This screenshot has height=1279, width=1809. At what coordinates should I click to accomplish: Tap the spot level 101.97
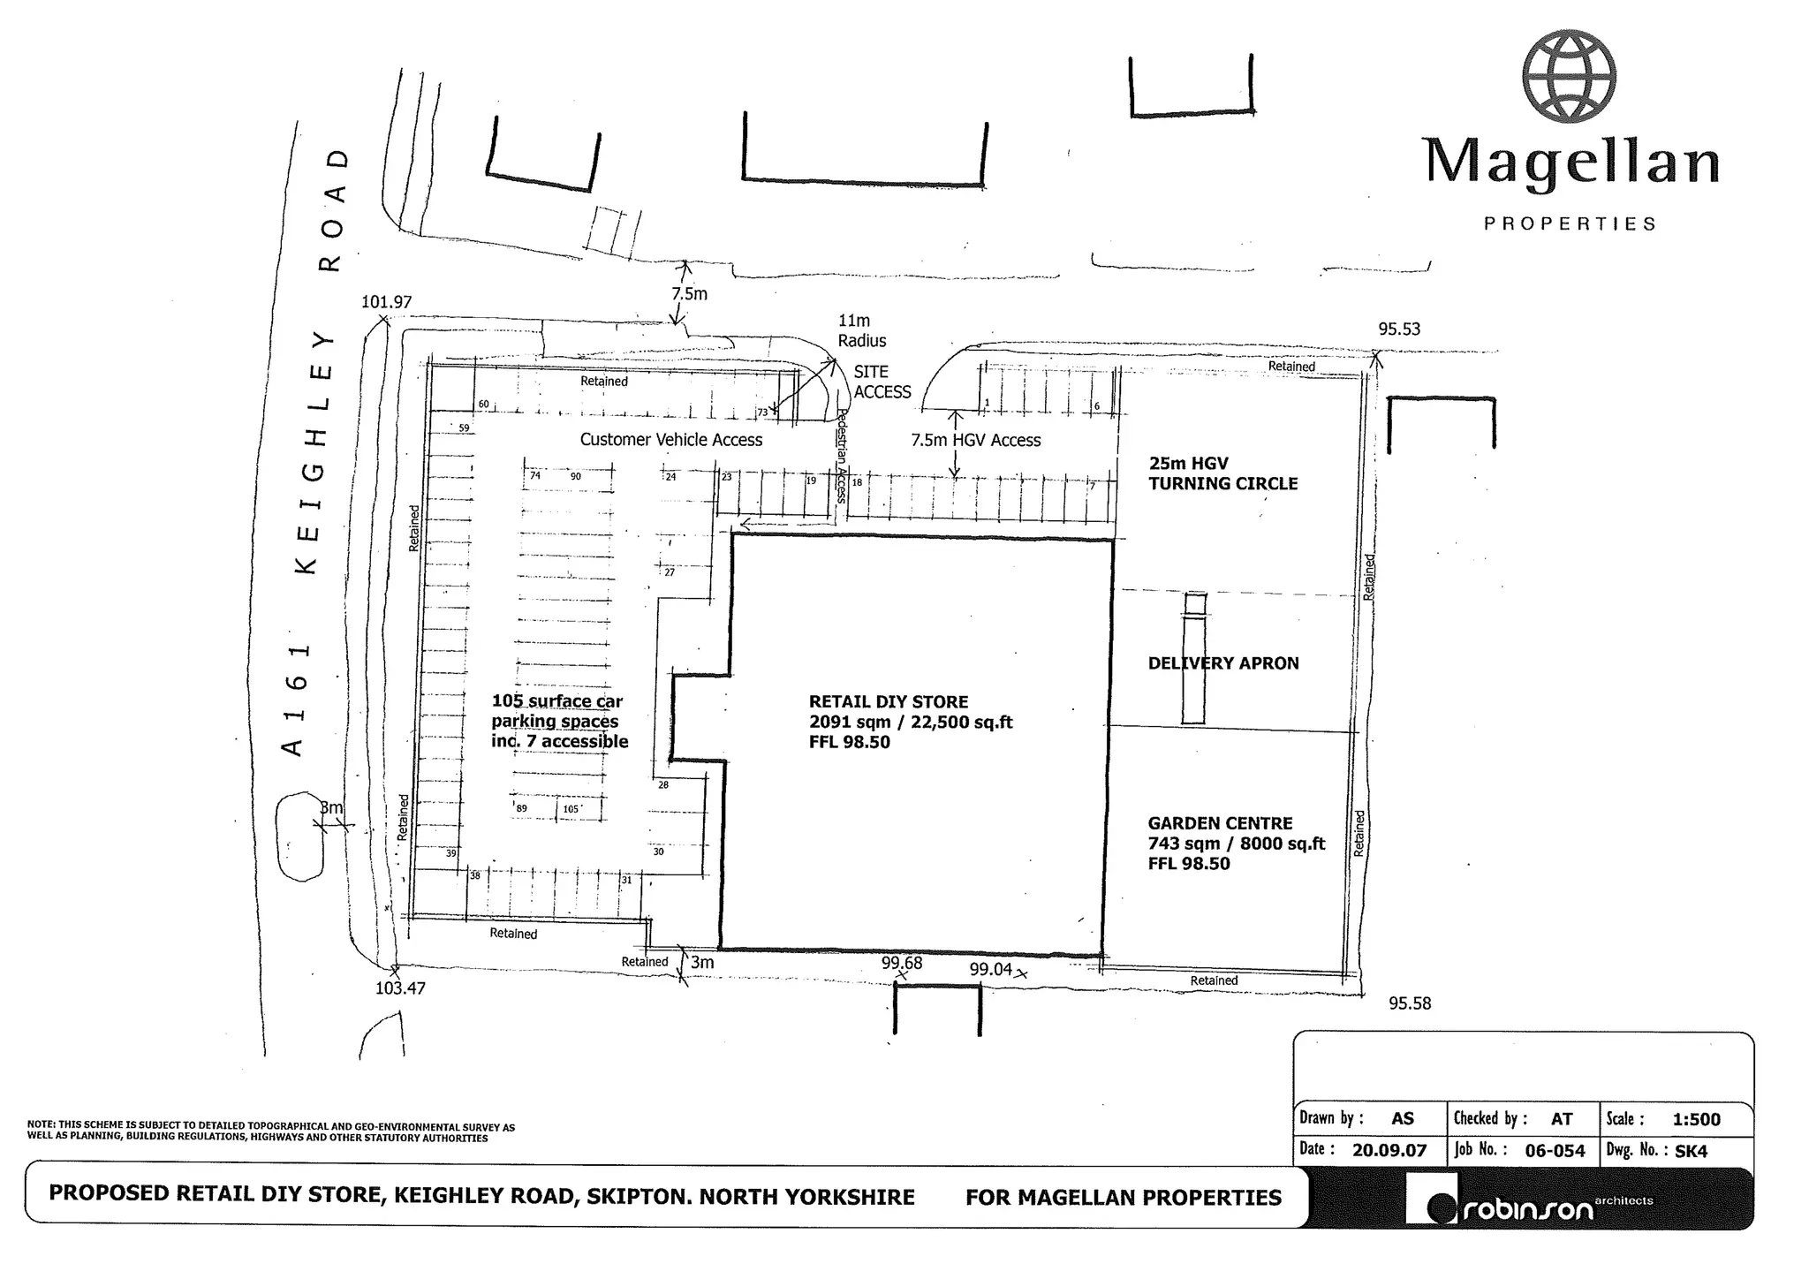[387, 302]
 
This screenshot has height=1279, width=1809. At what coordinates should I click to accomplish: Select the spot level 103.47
[400, 988]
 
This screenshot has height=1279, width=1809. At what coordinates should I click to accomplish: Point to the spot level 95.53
[1399, 329]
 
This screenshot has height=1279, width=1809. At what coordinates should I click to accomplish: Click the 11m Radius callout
[862, 330]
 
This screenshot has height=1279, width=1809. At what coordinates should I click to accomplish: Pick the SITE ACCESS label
[882, 382]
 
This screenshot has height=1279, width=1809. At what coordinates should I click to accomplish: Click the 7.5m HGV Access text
[976, 440]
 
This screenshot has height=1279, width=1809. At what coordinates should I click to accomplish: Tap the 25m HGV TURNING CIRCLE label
[1223, 473]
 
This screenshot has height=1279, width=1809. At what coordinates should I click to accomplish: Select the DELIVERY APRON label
[1223, 663]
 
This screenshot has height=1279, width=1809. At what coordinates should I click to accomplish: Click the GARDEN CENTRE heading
[1220, 823]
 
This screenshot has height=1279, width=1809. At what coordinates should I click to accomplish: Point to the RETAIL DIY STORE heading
[889, 702]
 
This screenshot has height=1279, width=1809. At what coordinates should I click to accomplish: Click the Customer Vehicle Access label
[671, 440]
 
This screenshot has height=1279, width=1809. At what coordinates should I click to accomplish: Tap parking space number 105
[571, 809]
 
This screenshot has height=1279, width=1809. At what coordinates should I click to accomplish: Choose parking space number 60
[484, 405]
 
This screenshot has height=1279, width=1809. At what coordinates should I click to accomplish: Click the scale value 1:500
[1697, 1120]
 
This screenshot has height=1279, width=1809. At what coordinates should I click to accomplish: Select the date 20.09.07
[1389, 1151]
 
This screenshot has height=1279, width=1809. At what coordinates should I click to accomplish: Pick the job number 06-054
[1555, 1151]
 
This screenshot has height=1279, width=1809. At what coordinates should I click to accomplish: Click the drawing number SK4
[1692, 1151]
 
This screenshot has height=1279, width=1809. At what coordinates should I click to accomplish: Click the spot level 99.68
[902, 963]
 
